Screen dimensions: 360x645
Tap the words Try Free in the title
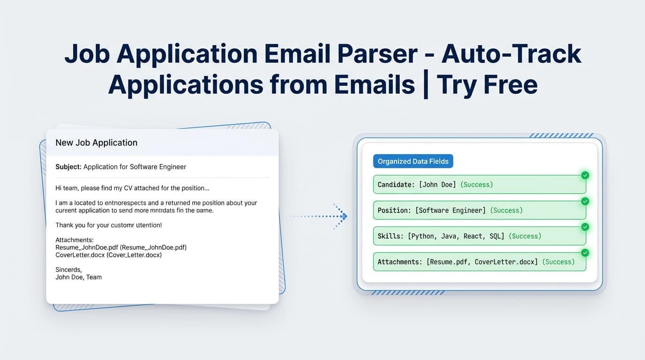tap(487, 85)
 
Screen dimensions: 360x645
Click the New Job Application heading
tap(96, 142)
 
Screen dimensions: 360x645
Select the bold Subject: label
tap(68, 167)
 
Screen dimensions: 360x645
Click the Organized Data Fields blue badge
tap(413, 161)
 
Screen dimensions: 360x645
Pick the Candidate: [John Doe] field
tap(479, 185)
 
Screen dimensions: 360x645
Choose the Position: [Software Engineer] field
tap(479, 210)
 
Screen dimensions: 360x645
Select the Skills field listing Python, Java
tap(479, 236)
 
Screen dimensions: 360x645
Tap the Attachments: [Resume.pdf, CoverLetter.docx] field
tap(479, 262)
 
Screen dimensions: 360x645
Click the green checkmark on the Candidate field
tap(585, 175)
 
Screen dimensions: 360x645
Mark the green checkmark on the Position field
tap(585, 201)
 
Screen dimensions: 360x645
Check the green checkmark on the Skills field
tap(585, 227)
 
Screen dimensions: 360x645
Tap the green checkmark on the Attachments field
tap(585, 253)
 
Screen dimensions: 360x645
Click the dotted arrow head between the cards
tap(344, 216)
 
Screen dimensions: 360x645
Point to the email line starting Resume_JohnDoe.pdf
tap(121, 247)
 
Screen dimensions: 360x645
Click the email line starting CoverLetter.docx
tap(108, 255)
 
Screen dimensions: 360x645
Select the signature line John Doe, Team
tap(78, 277)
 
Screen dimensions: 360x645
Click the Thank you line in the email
tap(108, 225)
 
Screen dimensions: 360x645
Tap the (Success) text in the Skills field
tap(525, 236)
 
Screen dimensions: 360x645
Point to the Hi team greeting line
tap(132, 188)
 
